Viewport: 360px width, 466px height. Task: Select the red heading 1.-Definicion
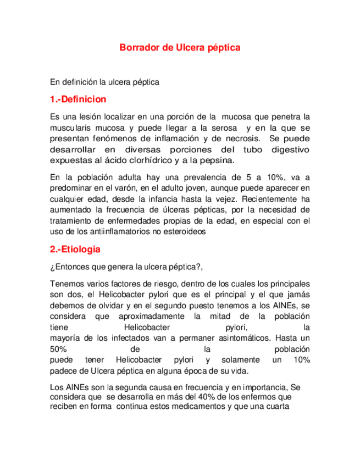78,100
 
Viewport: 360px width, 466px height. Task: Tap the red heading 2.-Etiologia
75,249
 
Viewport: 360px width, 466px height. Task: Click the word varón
125,188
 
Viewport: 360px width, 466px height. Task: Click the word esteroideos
184,231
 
